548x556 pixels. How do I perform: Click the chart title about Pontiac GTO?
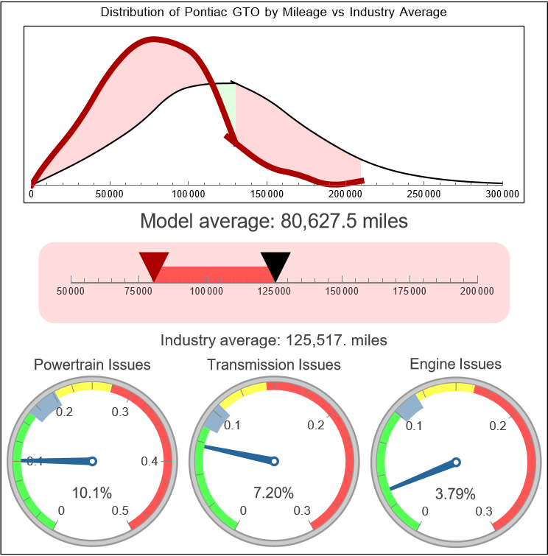273,13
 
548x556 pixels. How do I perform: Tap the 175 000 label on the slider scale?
410,292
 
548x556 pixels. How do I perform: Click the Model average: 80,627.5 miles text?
273,221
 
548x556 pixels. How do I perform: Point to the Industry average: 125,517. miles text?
273,340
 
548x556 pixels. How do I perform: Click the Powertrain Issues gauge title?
92,365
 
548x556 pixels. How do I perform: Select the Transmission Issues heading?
274,365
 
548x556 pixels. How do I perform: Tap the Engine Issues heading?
455,364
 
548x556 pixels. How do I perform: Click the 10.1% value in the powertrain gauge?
92,493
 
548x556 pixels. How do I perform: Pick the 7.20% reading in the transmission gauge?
273,493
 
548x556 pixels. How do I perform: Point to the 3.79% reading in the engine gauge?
455,493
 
